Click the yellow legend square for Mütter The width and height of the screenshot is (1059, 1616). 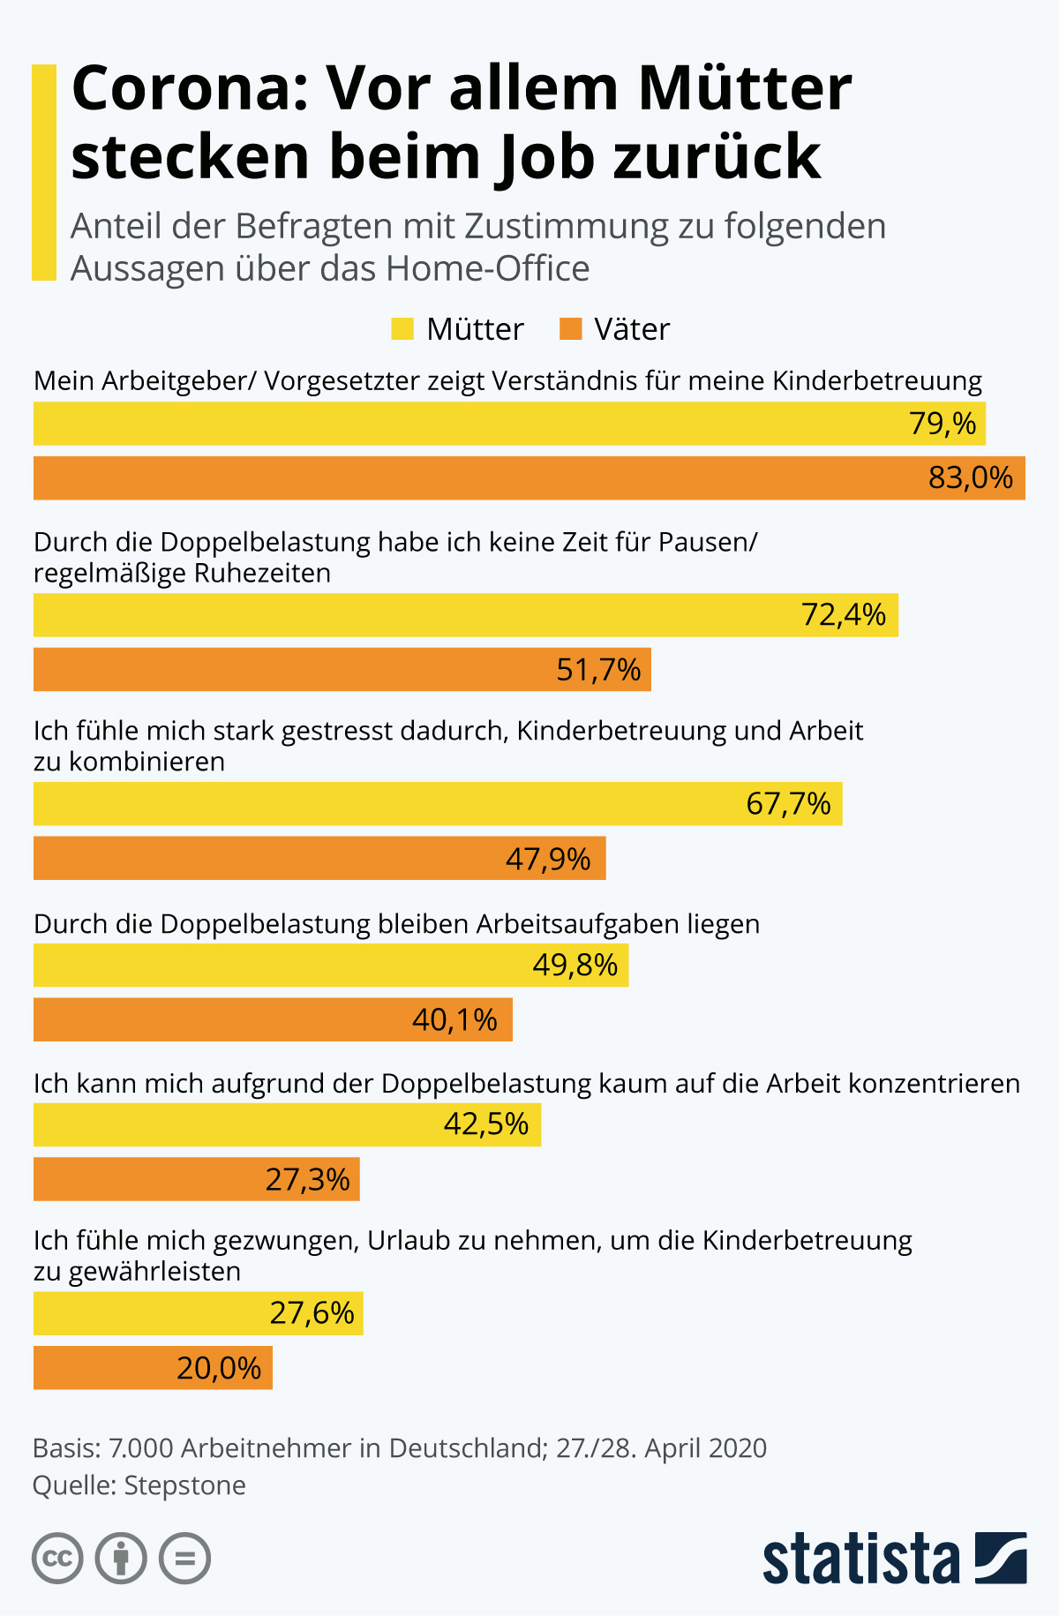point(402,329)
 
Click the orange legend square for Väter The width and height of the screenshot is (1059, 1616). point(571,329)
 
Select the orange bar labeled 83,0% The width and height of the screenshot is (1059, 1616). point(529,478)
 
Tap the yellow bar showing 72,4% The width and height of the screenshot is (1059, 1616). point(465,615)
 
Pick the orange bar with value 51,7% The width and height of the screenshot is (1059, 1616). point(342,670)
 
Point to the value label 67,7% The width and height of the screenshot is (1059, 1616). point(788,804)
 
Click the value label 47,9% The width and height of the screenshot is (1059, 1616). point(547,859)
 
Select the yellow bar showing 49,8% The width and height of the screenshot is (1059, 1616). point(330,966)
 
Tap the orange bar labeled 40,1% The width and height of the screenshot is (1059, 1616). point(273,1020)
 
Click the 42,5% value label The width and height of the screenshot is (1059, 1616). point(485,1124)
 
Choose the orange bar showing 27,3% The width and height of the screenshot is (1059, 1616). point(196,1179)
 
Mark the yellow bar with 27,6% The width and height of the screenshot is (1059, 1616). point(198,1313)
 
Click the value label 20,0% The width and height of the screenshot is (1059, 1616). point(218,1368)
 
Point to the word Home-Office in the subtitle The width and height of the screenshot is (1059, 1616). point(487,268)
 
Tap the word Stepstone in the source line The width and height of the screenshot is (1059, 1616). point(184,1485)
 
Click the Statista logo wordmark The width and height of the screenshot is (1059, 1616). point(860,1560)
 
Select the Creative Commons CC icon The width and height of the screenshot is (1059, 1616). point(57,1559)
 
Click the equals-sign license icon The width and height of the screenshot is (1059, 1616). point(184,1559)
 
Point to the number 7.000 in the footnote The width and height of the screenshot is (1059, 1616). point(138,1448)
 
